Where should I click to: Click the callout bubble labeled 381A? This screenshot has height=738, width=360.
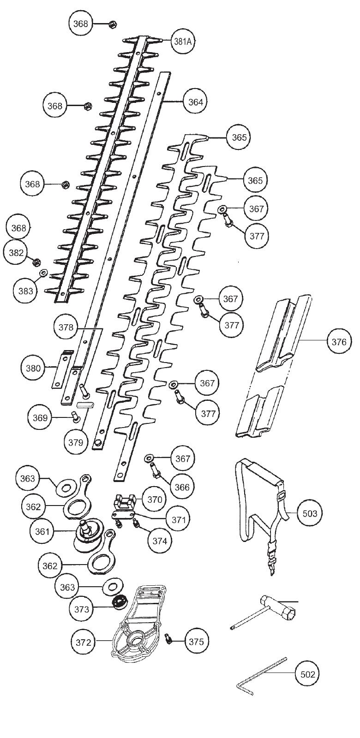click(x=182, y=41)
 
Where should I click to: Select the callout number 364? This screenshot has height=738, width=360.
click(x=195, y=101)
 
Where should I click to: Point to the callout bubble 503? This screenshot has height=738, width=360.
click(x=310, y=513)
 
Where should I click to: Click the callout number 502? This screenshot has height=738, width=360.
click(x=307, y=674)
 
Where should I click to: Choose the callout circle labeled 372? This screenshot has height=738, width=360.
click(x=84, y=642)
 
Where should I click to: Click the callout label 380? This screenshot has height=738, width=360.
click(x=33, y=368)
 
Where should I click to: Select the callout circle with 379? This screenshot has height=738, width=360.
click(x=76, y=442)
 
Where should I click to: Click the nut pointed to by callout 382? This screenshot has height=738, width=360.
click(x=35, y=262)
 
